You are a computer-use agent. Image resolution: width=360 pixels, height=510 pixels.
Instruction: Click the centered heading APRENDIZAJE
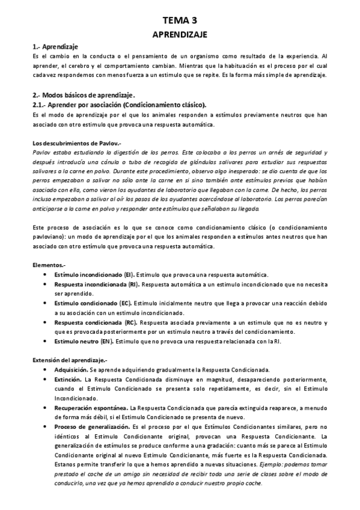pyautogui.click(x=180, y=35)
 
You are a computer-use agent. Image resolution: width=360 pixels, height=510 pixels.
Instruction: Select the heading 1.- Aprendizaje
pyautogui.click(x=55, y=46)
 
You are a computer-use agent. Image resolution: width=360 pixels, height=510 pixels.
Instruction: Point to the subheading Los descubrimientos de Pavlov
pyautogui.click(x=77, y=143)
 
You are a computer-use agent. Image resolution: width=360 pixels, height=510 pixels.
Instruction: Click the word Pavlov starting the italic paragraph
pyautogui.click(x=41, y=153)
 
